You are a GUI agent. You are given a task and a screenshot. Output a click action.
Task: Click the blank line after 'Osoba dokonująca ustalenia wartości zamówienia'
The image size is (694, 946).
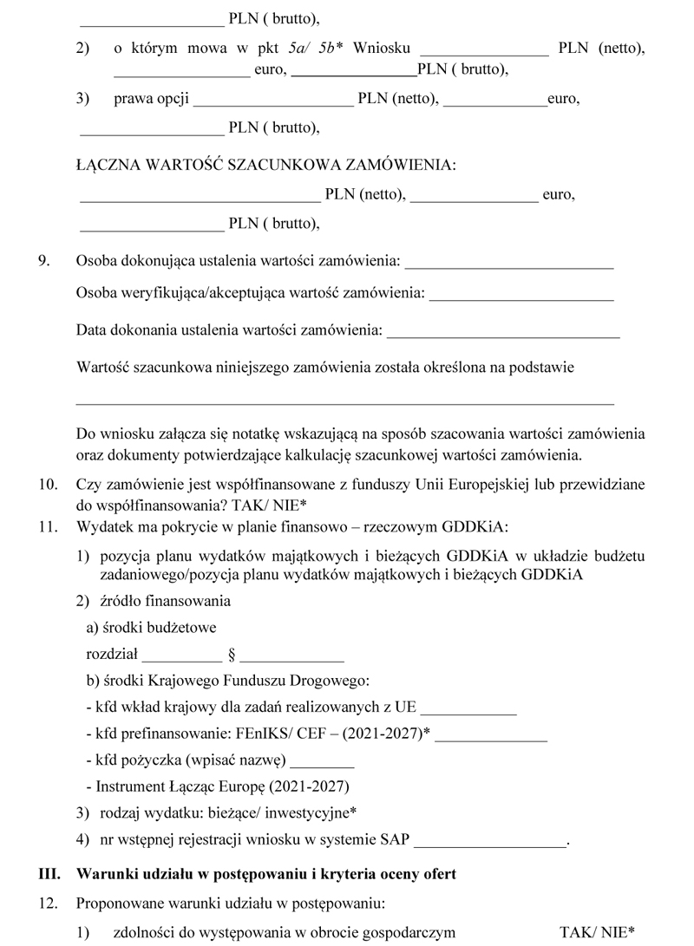509,261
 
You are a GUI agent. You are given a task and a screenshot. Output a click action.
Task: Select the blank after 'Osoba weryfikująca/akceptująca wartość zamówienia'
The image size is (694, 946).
521,295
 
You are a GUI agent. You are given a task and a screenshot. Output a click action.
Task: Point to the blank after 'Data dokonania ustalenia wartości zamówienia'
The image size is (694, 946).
503,330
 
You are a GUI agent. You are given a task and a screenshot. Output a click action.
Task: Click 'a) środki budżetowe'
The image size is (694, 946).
151,626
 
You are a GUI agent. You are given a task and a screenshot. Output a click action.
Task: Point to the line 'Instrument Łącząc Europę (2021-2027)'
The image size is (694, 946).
217,787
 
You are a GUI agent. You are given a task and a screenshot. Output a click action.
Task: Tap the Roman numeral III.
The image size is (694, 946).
49,874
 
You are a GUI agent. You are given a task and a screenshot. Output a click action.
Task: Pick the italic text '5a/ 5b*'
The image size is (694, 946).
318,49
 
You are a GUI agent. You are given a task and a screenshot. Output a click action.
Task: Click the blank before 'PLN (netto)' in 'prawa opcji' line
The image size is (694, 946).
272,100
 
